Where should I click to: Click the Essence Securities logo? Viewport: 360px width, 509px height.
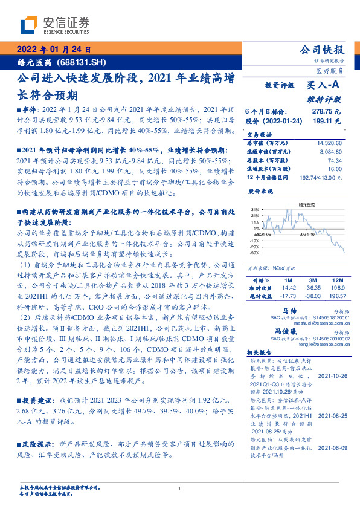54,24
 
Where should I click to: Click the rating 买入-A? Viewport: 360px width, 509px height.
323,86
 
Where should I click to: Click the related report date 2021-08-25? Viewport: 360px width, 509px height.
332,417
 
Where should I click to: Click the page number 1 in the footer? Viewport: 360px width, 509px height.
180,488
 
